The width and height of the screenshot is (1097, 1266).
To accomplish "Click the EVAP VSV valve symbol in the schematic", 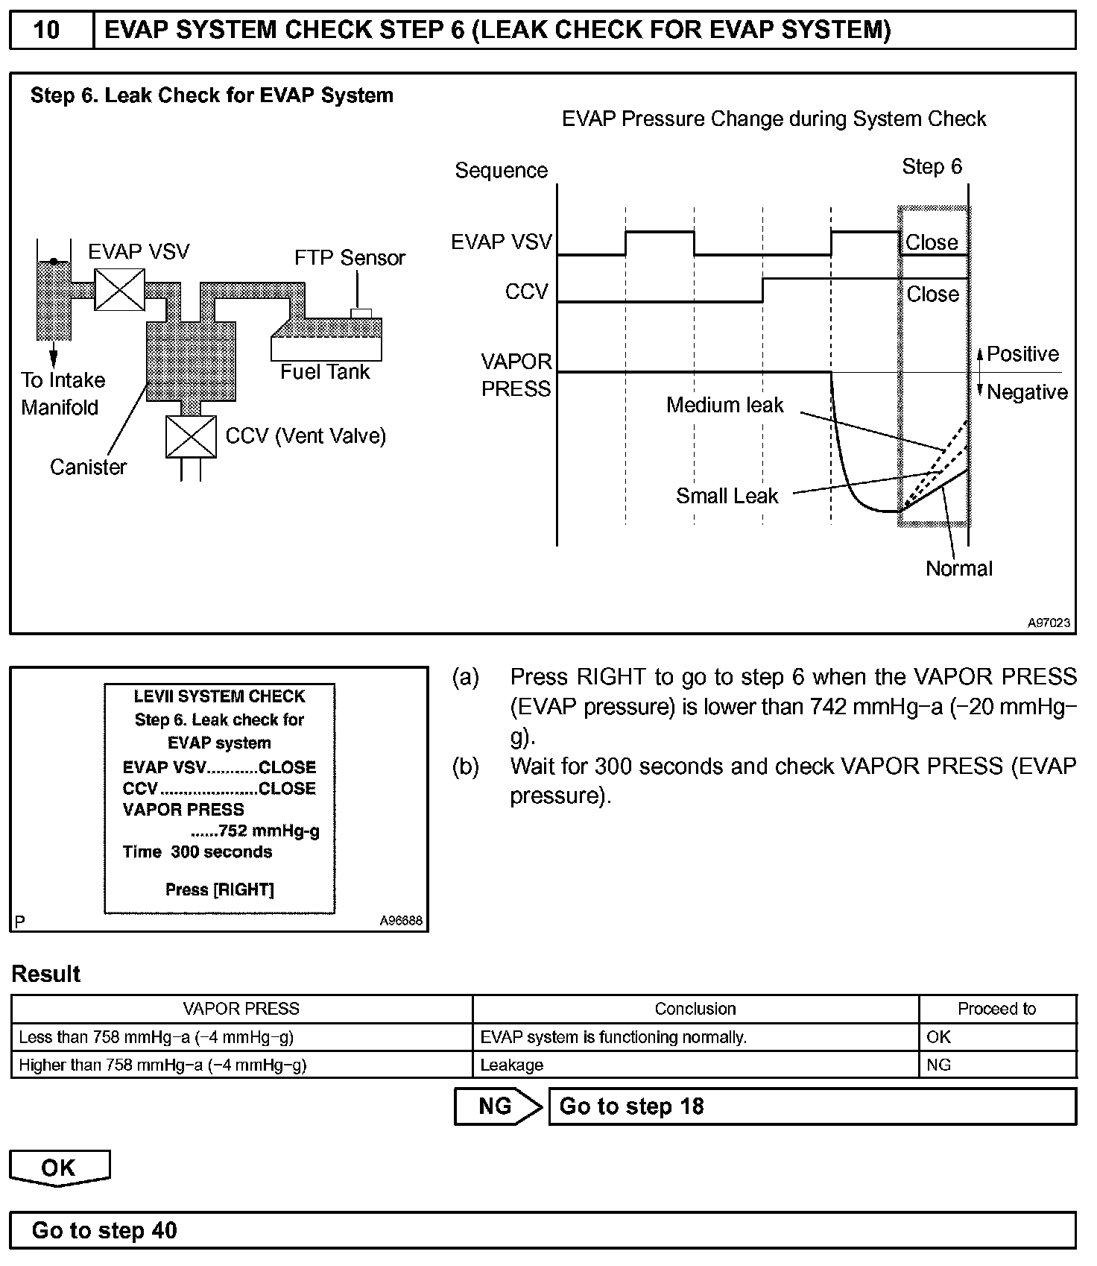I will tap(119, 289).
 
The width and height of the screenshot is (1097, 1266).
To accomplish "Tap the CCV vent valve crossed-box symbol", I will tap(191, 437).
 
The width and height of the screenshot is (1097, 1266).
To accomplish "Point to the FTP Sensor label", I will tap(350, 258).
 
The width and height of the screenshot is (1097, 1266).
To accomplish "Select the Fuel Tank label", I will tap(325, 372).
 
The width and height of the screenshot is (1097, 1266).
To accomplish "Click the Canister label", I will tap(88, 467).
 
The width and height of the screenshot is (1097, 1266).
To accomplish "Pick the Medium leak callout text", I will tap(724, 405).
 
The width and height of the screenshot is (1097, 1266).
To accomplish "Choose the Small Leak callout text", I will tap(727, 496).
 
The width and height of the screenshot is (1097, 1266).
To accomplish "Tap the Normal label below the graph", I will tap(958, 569).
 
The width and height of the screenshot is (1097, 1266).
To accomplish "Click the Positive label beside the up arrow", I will tap(1022, 354).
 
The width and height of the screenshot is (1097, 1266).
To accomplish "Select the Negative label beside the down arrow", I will tap(1027, 392).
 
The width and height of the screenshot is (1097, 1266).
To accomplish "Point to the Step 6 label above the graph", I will tap(932, 166).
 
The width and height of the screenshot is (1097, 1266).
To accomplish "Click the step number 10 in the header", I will tap(47, 30).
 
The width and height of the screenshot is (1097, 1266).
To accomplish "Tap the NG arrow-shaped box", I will tap(497, 1106).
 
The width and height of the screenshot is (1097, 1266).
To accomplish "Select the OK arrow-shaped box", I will tap(59, 1168).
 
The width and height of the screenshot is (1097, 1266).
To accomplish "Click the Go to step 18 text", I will tap(631, 1106).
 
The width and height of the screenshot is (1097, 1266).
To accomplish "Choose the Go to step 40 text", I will tap(104, 1231).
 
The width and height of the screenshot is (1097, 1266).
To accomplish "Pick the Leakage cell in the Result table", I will tap(512, 1065).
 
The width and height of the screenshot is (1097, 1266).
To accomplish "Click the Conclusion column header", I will tap(695, 1009).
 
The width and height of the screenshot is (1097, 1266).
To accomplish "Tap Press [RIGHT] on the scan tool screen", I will tap(219, 890).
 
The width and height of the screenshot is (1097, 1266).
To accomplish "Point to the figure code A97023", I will tap(1049, 623).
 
